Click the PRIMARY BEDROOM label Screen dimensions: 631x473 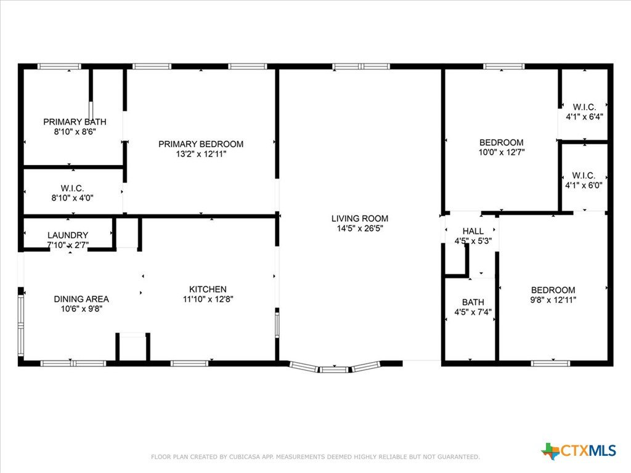click(x=201, y=144)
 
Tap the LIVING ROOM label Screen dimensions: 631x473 click(x=360, y=219)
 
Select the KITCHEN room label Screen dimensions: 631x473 click(x=208, y=289)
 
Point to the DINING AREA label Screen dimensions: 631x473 click(x=81, y=299)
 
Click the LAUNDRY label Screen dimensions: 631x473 click(x=68, y=235)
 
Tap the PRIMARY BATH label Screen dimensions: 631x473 click(x=75, y=121)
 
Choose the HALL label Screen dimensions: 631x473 click(x=473, y=232)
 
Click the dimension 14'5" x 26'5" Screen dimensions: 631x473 click(x=360, y=228)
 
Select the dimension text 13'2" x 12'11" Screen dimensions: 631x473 click(x=201, y=154)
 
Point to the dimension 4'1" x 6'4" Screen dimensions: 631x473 click(x=584, y=117)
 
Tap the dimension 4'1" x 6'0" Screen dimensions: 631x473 click(x=584, y=185)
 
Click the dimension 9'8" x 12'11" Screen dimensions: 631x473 click(x=553, y=300)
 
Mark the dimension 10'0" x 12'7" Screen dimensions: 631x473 click(x=502, y=153)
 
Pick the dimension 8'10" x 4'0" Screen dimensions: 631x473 click(x=73, y=198)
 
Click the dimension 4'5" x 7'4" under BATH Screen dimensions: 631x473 click(x=473, y=312)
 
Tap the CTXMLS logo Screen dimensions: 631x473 click(x=578, y=451)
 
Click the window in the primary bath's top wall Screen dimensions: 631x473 click(x=59, y=67)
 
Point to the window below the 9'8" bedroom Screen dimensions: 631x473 click(x=550, y=363)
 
